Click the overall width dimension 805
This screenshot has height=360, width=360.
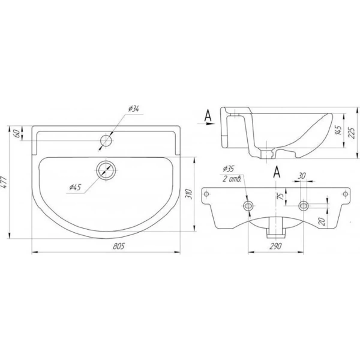119,246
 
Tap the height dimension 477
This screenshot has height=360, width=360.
4,182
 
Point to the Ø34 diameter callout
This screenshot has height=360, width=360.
134,109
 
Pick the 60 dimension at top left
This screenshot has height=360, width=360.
16,133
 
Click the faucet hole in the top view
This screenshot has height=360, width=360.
106,140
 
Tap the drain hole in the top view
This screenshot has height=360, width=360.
106,170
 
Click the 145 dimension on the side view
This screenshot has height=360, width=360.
338,130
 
